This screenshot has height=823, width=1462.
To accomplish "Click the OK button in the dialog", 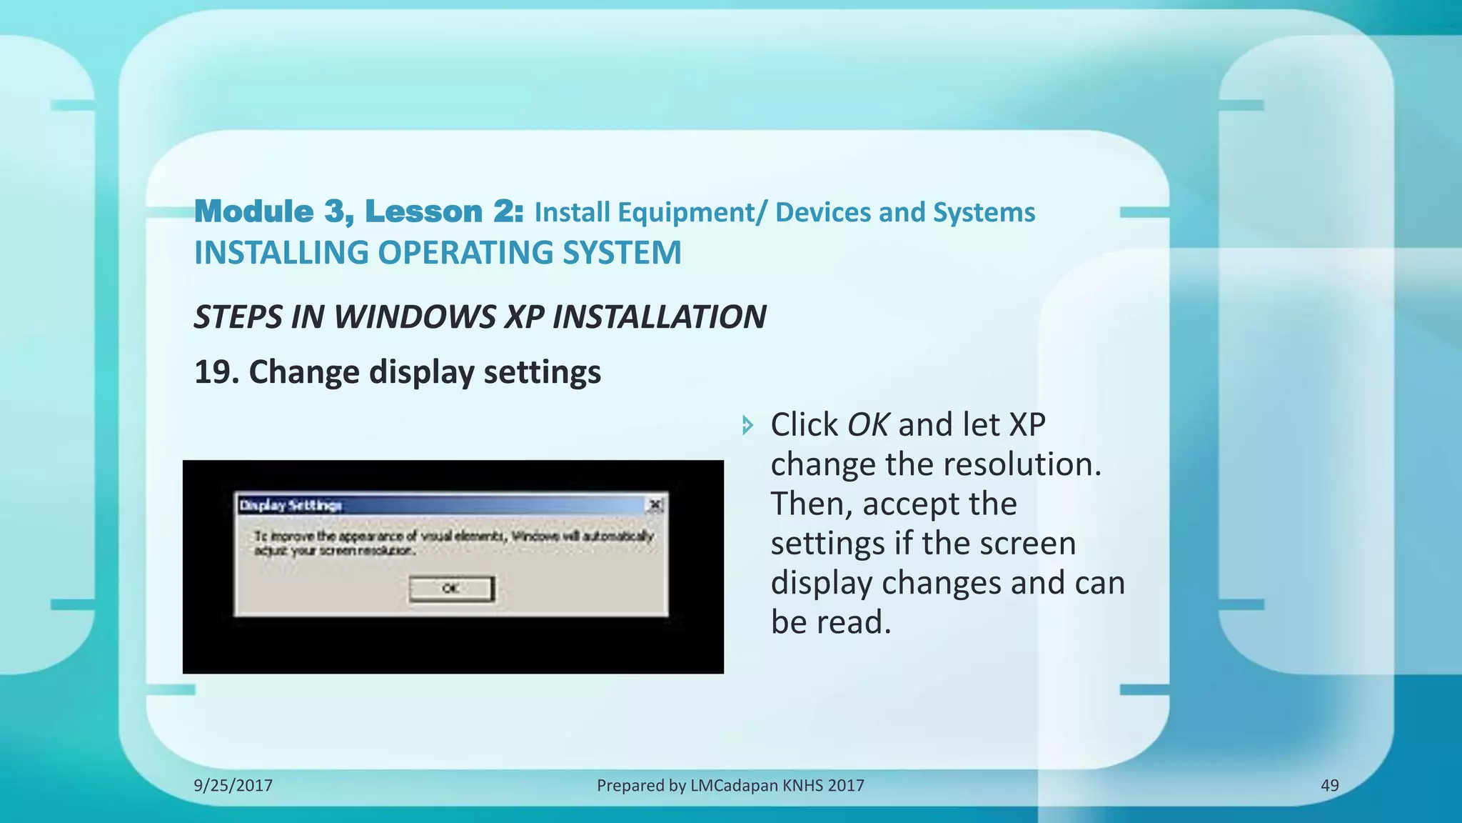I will click(x=451, y=589).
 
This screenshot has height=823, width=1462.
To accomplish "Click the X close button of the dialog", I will click(x=655, y=505).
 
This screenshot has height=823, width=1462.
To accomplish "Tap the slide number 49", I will click(x=1329, y=785).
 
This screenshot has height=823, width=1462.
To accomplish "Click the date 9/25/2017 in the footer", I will click(x=233, y=785).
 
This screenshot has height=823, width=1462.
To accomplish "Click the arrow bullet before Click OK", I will click(x=747, y=425).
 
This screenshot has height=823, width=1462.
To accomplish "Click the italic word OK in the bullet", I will click(x=867, y=424).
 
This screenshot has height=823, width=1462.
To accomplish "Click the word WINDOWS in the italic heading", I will click(x=414, y=316).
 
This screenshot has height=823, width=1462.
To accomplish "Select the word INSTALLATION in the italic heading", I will click(x=659, y=316).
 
